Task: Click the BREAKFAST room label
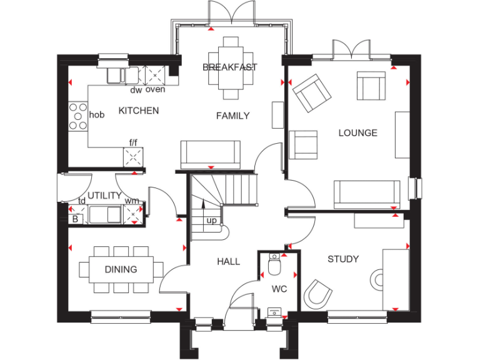click(x=229, y=67)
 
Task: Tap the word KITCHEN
click(x=139, y=111)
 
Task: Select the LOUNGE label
click(x=357, y=132)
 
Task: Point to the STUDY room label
click(x=343, y=259)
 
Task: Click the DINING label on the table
click(x=121, y=269)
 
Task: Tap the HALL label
click(x=228, y=261)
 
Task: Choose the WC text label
click(x=278, y=289)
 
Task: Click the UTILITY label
click(x=104, y=196)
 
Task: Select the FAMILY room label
click(x=232, y=116)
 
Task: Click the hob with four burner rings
click(x=78, y=116)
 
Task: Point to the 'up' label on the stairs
click(x=212, y=221)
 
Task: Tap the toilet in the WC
click(x=274, y=266)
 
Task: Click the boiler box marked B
click(x=75, y=218)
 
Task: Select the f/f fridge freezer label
click(x=133, y=143)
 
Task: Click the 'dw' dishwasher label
click(x=136, y=90)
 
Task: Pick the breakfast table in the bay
click(x=231, y=67)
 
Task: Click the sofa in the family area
click(x=210, y=152)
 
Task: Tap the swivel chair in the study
click(x=318, y=292)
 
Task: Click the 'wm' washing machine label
click(x=132, y=201)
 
